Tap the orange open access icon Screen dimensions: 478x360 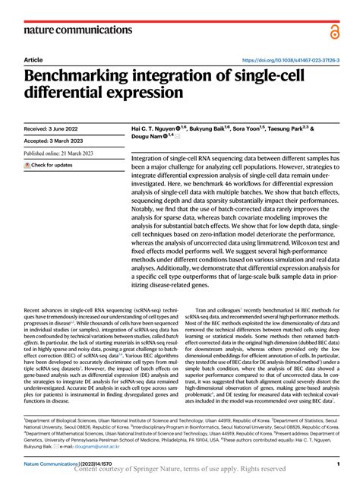tap(334, 31)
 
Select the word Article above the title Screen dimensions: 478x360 tap(33, 59)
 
